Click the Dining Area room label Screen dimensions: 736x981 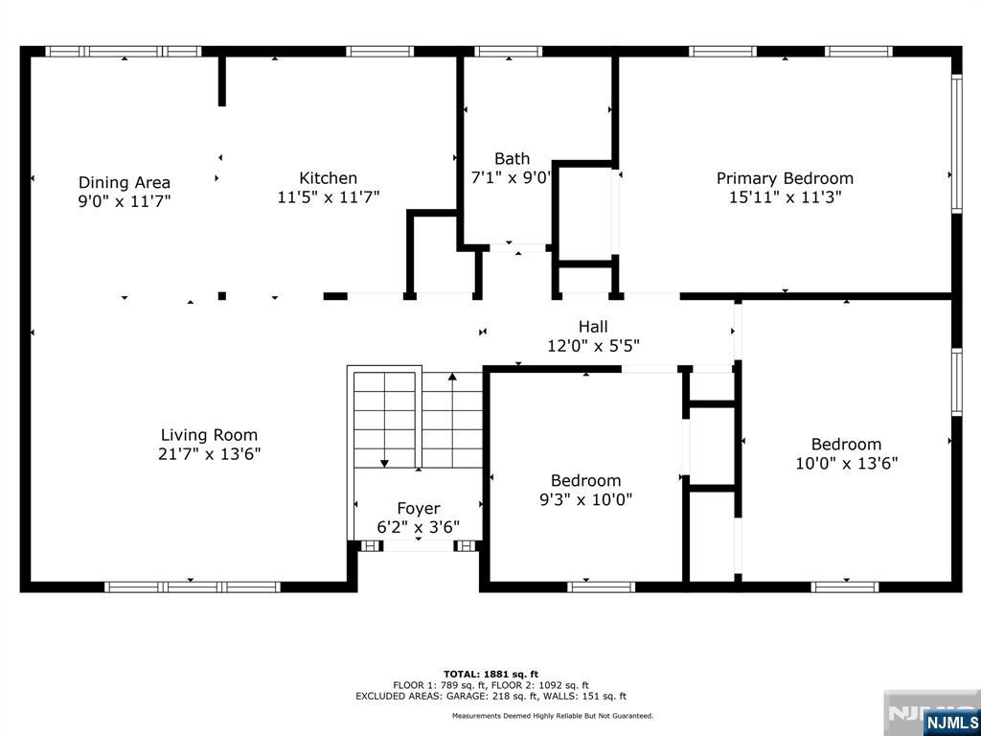pos(125,182)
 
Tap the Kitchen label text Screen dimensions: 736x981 pos(329,177)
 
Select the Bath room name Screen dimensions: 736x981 pos(512,158)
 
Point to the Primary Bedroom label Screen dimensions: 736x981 pos(785,177)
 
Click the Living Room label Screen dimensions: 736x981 pos(209,434)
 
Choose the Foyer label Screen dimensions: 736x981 pos(419,508)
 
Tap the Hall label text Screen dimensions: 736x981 pos(593,327)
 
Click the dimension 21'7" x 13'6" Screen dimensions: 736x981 pos(209,454)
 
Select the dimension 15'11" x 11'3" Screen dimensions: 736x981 pos(785,197)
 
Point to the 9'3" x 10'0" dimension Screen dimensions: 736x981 pos(585,499)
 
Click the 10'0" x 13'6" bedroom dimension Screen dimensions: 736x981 pos(846,463)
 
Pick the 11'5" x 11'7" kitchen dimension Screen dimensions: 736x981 pos(329,197)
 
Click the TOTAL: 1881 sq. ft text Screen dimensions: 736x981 pos(490,674)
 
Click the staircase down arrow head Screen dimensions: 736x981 pos(384,464)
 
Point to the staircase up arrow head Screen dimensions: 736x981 pos(452,378)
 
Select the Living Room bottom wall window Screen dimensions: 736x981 pos(192,586)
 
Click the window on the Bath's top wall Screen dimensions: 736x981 pos(509,52)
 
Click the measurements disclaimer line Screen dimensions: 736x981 pos(553,716)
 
